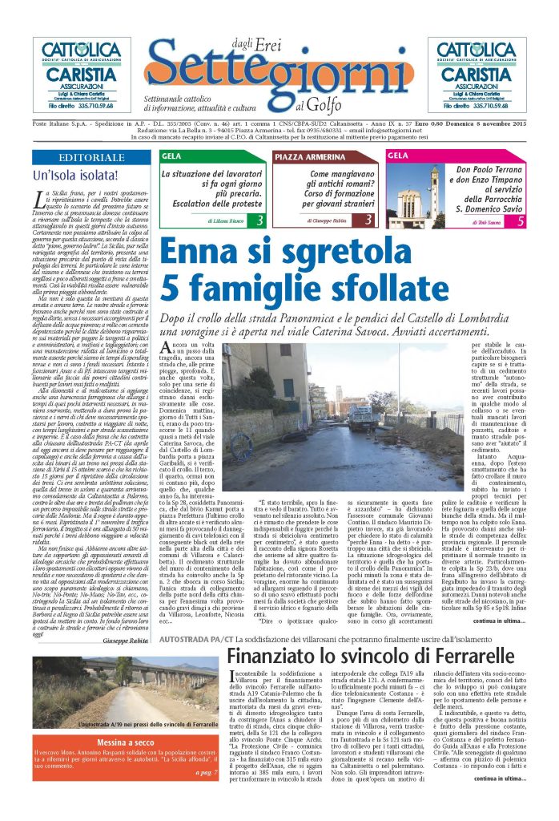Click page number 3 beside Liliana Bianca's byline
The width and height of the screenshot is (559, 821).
259,220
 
